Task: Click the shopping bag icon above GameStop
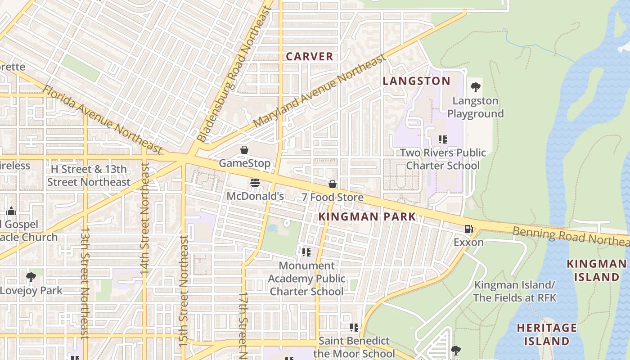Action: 244,150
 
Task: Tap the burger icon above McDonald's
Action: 255,183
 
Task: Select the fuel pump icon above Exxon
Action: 468,229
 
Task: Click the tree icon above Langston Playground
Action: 475,87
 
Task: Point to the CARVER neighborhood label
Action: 310,57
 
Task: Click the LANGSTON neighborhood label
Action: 416,81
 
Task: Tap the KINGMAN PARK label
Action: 367,217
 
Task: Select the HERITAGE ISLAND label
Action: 547,334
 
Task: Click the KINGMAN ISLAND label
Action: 596,270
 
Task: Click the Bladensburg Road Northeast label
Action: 235,74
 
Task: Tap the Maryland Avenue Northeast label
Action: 319,91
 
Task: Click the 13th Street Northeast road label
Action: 85,282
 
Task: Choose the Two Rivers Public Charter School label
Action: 443,159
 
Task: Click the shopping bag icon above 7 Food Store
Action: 333,184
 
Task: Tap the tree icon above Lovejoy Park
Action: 31,277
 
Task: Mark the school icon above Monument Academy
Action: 306,252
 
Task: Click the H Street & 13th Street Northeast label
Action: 89,175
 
